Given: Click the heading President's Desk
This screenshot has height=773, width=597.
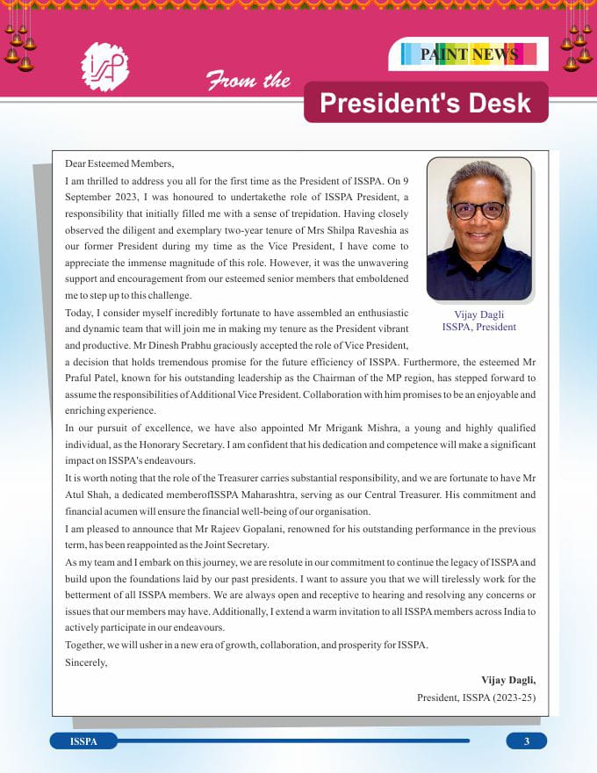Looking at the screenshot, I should click(x=426, y=103).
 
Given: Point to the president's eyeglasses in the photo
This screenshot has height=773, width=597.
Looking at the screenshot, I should click(x=478, y=210).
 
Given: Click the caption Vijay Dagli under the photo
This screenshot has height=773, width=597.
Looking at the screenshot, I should click(x=478, y=314).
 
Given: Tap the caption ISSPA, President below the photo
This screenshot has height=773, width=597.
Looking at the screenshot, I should click(x=478, y=327).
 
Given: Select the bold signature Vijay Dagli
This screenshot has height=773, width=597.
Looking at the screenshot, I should click(x=507, y=680).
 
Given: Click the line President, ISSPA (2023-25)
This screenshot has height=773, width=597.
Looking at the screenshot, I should click(x=476, y=697).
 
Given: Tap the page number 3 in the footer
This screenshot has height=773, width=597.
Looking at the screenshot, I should click(x=527, y=741).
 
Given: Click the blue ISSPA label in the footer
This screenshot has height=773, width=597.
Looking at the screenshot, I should click(x=83, y=741).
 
